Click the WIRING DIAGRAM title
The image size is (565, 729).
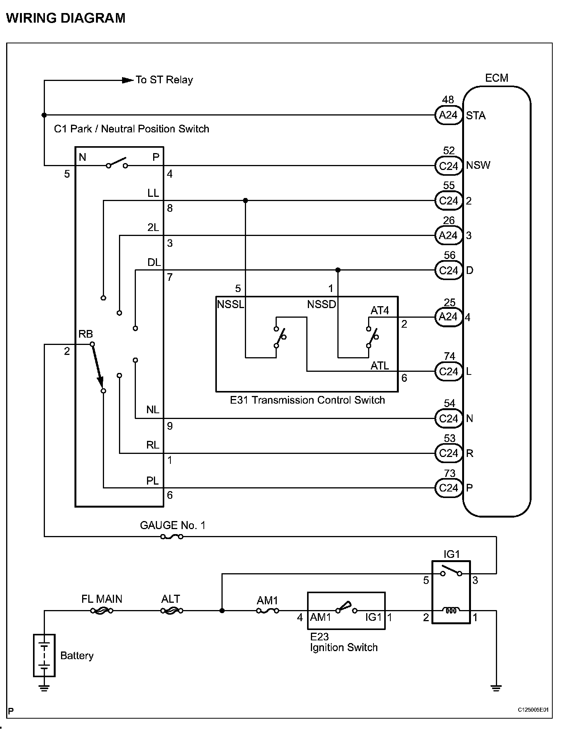[66, 18]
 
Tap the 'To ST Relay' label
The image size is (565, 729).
[164, 80]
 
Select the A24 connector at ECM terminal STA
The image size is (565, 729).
[448, 115]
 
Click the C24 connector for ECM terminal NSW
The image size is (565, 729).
[448, 166]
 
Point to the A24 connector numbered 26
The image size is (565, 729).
[448, 235]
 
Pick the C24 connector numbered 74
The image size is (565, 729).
[448, 371]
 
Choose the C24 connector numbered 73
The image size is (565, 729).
[448, 488]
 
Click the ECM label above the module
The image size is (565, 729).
[496, 78]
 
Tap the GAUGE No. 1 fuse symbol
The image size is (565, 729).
[172, 536]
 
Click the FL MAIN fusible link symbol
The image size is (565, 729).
[102, 610]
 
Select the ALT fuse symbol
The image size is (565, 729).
[172, 610]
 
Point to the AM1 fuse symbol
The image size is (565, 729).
[268, 610]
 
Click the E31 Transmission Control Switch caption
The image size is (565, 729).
[307, 400]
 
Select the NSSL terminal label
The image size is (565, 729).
[230, 305]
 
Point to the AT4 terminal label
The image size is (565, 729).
[380, 310]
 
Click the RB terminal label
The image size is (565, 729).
[86, 334]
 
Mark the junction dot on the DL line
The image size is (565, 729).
[338, 270]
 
